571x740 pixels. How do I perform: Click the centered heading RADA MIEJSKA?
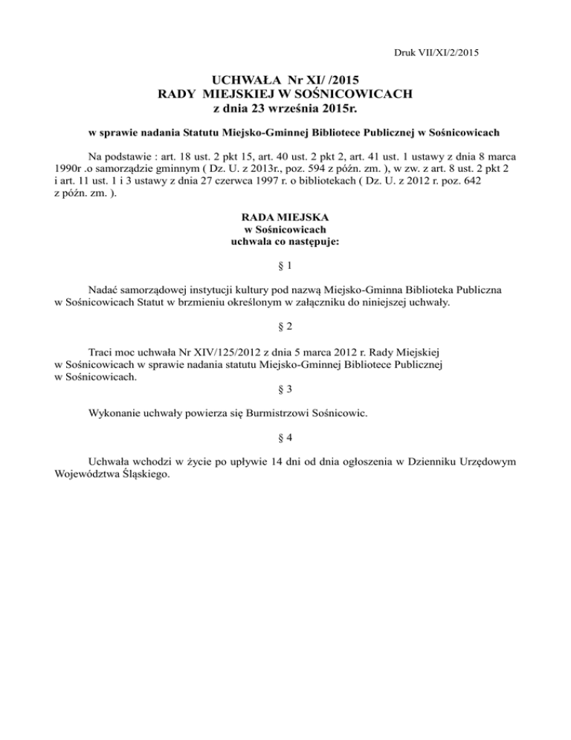pos(285,218)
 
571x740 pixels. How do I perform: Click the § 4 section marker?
pos(285,436)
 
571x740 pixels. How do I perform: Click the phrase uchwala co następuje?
pos(285,243)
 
